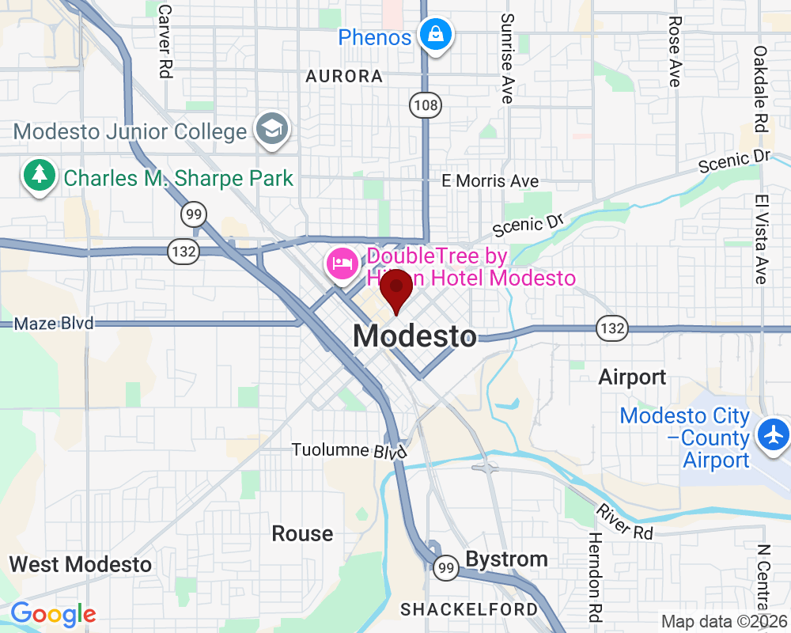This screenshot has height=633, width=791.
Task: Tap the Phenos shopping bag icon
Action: [x=436, y=35]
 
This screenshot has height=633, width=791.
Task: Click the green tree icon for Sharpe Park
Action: [x=38, y=177]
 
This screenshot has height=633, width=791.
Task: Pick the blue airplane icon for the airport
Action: [x=772, y=434]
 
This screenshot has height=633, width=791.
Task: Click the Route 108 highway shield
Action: [x=425, y=104]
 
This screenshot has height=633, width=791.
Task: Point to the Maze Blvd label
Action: [x=54, y=323]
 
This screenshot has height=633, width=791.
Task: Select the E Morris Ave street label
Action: [x=490, y=181]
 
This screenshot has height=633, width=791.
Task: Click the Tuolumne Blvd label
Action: [x=349, y=450]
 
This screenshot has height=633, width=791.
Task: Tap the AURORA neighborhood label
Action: [x=344, y=77]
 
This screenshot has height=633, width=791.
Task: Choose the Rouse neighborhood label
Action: [x=302, y=533]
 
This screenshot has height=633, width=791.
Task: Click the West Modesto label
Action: [x=80, y=565]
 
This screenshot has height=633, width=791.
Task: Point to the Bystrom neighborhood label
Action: [x=506, y=559]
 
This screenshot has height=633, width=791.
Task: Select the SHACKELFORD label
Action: [x=469, y=609]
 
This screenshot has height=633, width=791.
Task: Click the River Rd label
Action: [x=625, y=522]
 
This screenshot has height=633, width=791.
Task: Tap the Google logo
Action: [x=53, y=614]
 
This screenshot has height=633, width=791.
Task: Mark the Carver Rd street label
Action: [x=165, y=41]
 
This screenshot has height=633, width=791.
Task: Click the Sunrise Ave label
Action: [x=507, y=58]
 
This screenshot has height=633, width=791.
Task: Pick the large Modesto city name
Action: [x=415, y=336]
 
